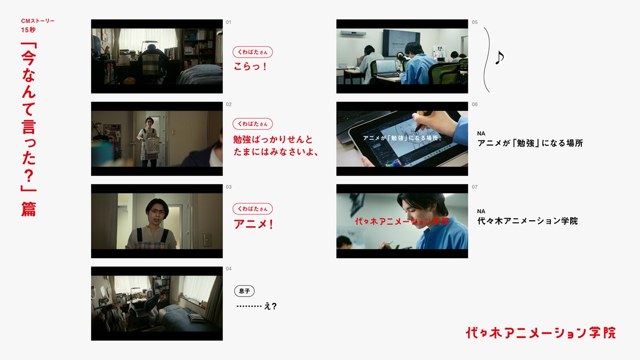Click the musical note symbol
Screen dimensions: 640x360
point(499,58)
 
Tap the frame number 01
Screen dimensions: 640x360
point(228,22)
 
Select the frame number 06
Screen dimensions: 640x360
point(475,105)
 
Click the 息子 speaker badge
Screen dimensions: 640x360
point(244,291)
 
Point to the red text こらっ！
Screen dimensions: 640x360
point(250,67)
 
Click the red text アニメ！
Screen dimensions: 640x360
point(253,224)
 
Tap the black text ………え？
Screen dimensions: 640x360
point(257,306)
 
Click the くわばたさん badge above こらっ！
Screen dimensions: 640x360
point(253,52)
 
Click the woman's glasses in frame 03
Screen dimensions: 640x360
point(158,211)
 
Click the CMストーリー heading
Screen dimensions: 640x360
point(38,21)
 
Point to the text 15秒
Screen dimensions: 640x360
point(28,30)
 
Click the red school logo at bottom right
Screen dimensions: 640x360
point(541,333)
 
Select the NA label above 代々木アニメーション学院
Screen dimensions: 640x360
point(481,211)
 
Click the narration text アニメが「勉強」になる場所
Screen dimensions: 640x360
point(530,143)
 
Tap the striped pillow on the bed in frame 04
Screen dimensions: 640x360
point(197,317)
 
